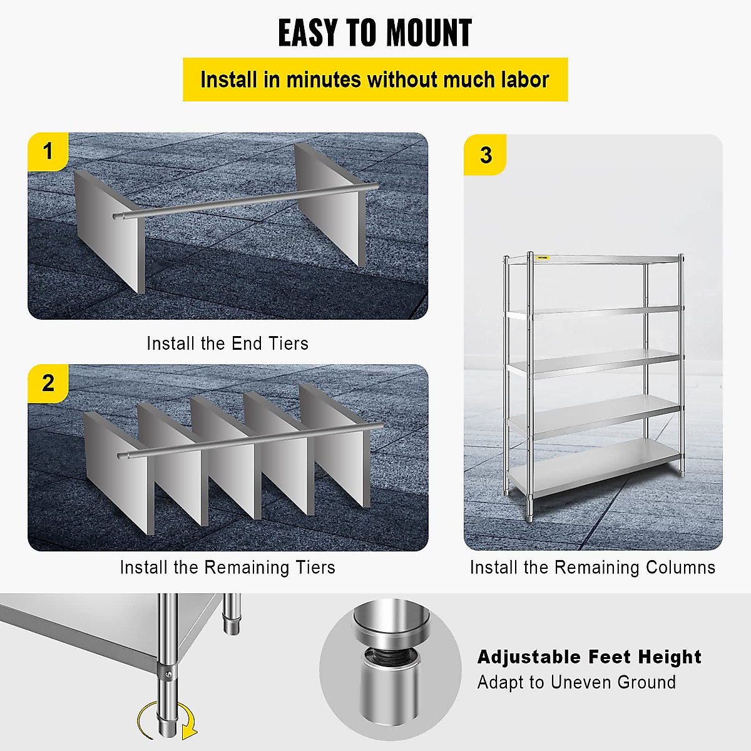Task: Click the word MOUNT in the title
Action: click(x=429, y=33)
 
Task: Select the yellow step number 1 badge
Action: click(x=48, y=151)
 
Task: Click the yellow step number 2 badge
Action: click(x=48, y=383)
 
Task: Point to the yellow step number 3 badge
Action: click(x=486, y=155)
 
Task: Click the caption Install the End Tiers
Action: click(x=227, y=344)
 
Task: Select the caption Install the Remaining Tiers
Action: click(x=227, y=568)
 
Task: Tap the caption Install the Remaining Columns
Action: click(x=592, y=568)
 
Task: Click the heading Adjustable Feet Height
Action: click(x=589, y=656)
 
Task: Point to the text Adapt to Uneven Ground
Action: click(x=576, y=682)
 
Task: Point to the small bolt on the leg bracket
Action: click(x=168, y=673)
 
